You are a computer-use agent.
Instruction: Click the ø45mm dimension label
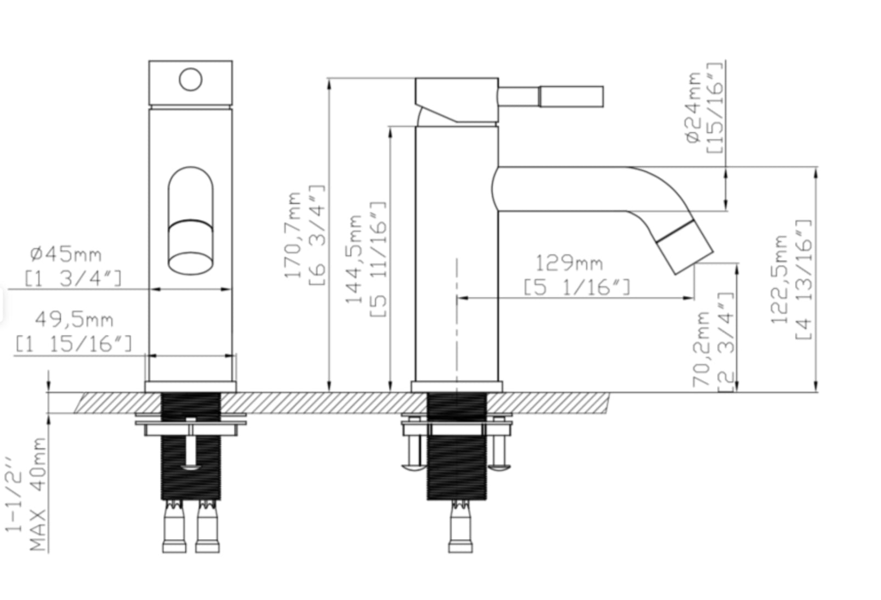click(66, 255)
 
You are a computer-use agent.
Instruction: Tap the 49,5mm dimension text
click(74, 319)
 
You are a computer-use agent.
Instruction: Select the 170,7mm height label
click(293, 235)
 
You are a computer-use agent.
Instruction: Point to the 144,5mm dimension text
click(353, 259)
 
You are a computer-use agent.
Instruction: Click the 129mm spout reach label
click(569, 263)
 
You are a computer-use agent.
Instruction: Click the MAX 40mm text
click(38, 494)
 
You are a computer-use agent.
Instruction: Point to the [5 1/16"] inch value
click(577, 288)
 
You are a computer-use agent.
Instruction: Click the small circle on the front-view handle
click(191, 79)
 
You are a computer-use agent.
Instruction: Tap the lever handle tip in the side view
click(572, 97)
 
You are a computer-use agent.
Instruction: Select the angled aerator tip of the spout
click(686, 247)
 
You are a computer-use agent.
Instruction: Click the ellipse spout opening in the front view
click(191, 263)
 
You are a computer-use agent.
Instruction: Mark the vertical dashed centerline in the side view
click(457, 331)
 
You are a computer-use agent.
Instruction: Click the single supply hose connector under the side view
click(461, 526)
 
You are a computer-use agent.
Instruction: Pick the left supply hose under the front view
click(174, 526)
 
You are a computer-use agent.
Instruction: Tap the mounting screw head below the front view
click(191, 467)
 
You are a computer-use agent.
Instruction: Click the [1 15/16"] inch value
click(74, 344)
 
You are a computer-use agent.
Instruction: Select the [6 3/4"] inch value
click(317, 235)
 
